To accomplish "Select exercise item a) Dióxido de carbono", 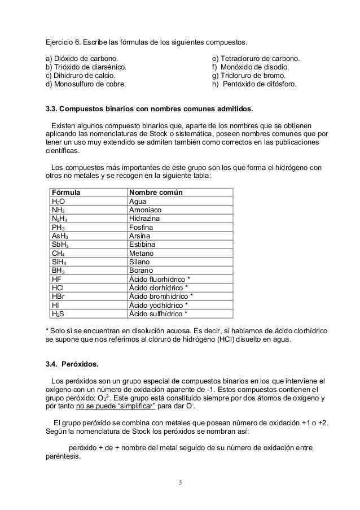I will pyautogui.click(x=82, y=58).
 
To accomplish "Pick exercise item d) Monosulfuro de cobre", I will pyautogui.click(x=86, y=84).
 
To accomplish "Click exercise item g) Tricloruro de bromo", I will pyautogui.click(x=249, y=76).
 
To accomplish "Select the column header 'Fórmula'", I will pyautogui.click(x=65, y=193).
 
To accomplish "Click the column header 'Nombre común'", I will pyautogui.click(x=156, y=193).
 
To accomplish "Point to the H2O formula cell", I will pyautogui.click(x=58, y=201).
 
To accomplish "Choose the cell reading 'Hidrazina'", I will pyautogui.click(x=145, y=219).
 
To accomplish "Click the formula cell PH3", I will pyautogui.click(x=58, y=228).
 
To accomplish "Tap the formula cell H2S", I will pyautogui.click(x=58, y=315).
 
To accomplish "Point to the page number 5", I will pyautogui.click(x=180, y=481).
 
